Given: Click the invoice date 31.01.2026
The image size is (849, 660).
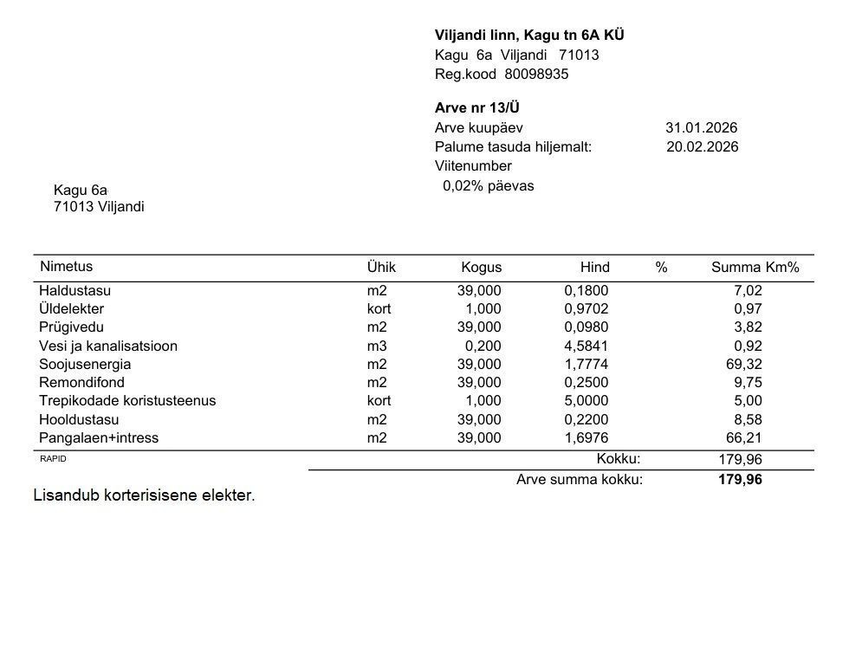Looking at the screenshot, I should point(701,127).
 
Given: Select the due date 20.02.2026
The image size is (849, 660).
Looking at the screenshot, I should point(702,146).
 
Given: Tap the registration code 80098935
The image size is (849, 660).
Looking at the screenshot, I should point(536,74).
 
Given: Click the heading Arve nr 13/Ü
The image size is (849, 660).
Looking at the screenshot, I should point(476,108).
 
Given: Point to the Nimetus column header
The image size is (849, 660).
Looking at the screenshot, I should point(66,267).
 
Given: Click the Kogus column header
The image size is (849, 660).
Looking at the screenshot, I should point(481,268).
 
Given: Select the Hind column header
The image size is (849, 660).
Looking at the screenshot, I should point(594,268).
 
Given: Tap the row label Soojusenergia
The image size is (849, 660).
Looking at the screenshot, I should point(85,364).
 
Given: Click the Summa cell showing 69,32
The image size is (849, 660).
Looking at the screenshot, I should point(743,364).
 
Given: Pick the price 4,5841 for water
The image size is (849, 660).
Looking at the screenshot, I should point(586,346).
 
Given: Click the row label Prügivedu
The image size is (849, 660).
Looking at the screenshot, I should point(71,327).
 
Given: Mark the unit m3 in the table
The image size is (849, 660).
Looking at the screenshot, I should point(377,346).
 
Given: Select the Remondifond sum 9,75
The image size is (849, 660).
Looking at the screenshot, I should point(747,382).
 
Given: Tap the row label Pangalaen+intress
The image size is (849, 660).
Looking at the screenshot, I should point(99,437).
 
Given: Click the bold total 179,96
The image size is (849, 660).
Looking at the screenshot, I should point(740,479).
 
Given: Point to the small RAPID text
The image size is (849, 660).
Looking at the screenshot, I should point(53,459).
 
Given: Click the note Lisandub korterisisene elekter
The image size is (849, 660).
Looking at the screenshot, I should point(144,495).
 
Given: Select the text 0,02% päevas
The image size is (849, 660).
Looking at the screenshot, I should point(488,185).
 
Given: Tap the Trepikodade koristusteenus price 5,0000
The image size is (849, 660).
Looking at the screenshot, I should point(586,400).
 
